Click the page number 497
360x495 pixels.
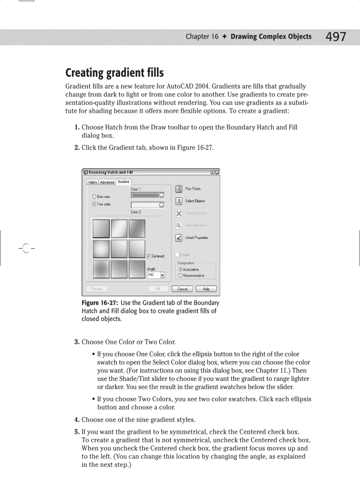(x=336, y=37)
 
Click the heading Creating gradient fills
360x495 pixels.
(x=114, y=72)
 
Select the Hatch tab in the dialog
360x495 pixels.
(x=93, y=182)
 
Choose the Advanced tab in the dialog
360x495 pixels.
(x=107, y=182)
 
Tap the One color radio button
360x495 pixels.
(x=94, y=197)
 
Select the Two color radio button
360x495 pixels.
(x=94, y=204)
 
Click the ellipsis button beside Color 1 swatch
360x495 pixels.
(x=161, y=195)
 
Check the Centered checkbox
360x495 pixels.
(x=149, y=256)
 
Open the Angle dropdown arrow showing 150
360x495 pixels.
(x=162, y=275)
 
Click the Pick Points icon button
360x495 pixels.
(x=179, y=189)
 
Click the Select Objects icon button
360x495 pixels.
(x=179, y=201)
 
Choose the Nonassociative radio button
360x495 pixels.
(x=180, y=275)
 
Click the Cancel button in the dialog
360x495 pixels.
(x=182, y=289)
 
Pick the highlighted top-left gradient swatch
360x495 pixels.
(x=101, y=228)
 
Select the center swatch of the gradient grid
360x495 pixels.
(x=119, y=248)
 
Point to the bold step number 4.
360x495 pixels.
(x=77, y=420)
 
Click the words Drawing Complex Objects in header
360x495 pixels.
(x=271, y=37)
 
